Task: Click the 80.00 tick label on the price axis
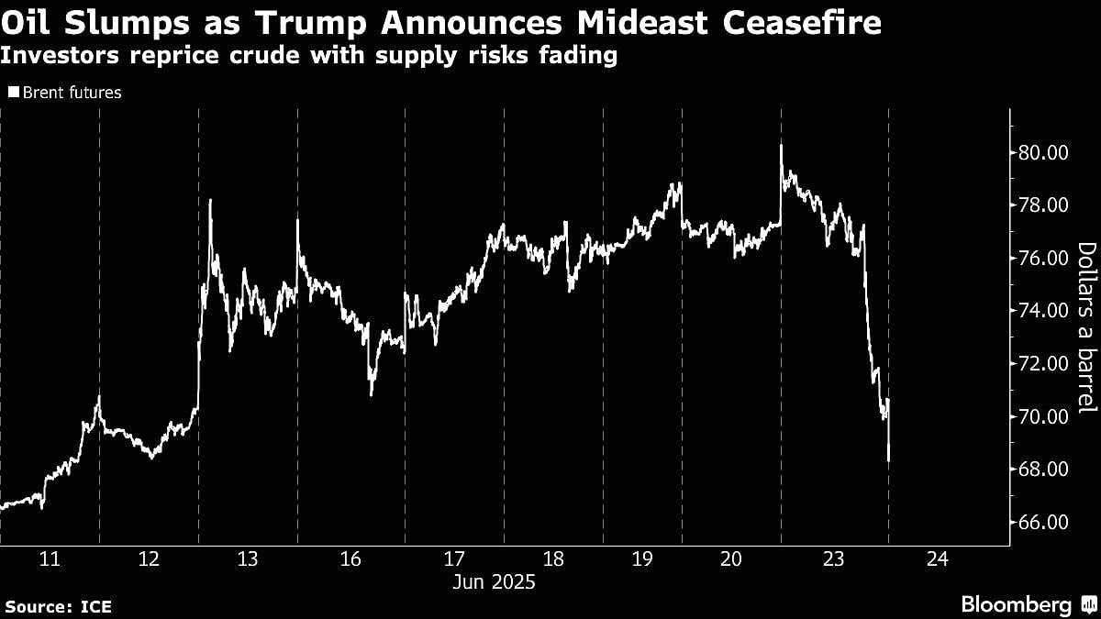[x=1043, y=152]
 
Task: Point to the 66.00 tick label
[x=1043, y=522]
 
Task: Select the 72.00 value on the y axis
[x=1043, y=363]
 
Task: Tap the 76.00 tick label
[x=1043, y=258]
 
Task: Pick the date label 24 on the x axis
[x=939, y=559]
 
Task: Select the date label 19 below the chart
[x=642, y=559]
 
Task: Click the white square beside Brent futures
[x=13, y=93]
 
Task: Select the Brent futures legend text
[x=72, y=93]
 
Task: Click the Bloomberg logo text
[x=1016, y=605]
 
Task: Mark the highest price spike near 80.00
[x=781, y=145]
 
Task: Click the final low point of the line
[x=889, y=460]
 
